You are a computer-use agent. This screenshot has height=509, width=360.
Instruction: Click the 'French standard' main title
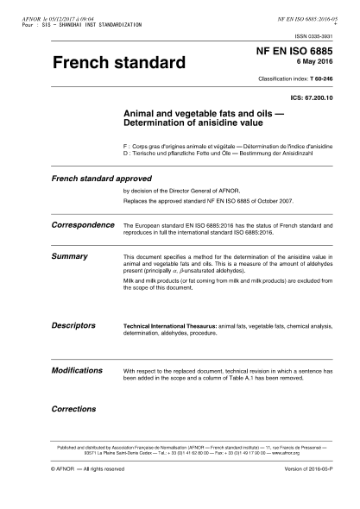click(118, 63)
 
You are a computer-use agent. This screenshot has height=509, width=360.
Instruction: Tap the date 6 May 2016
click(316, 66)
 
